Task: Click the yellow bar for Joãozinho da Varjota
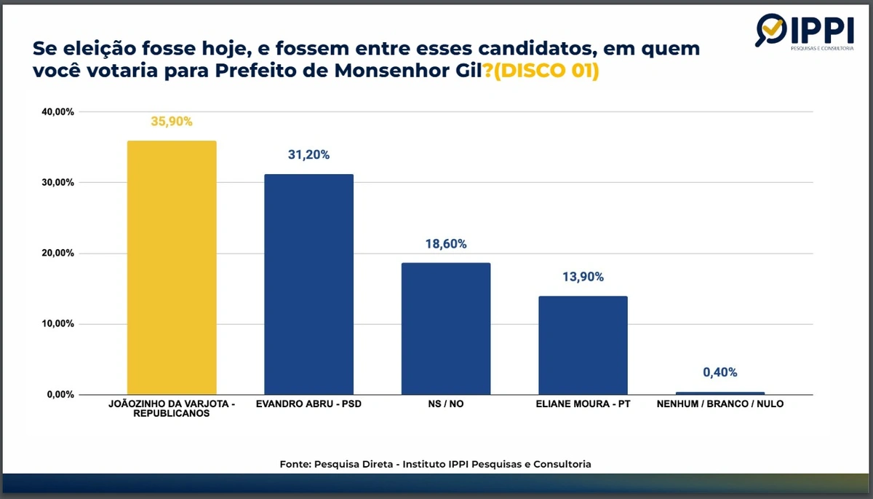tap(172, 267)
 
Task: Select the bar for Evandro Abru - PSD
tap(308, 284)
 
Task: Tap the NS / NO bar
tap(446, 329)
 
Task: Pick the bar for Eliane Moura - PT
tap(583, 345)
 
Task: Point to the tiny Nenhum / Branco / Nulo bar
tap(719, 393)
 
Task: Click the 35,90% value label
tap(172, 122)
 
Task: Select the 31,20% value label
tap(308, 155)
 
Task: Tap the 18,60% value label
tap(446, 244)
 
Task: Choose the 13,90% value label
tap(583, 277)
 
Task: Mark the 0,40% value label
tap(719, 373)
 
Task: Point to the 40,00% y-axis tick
tap(54, 112)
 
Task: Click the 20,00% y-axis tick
tap(54, 254)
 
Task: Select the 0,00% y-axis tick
tap(56, 395)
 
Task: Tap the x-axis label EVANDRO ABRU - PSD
tap(308, 404)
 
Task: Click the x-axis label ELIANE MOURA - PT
tap(583, 404)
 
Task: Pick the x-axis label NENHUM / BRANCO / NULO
tap(719, 404)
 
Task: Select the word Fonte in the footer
tap(295, 464)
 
